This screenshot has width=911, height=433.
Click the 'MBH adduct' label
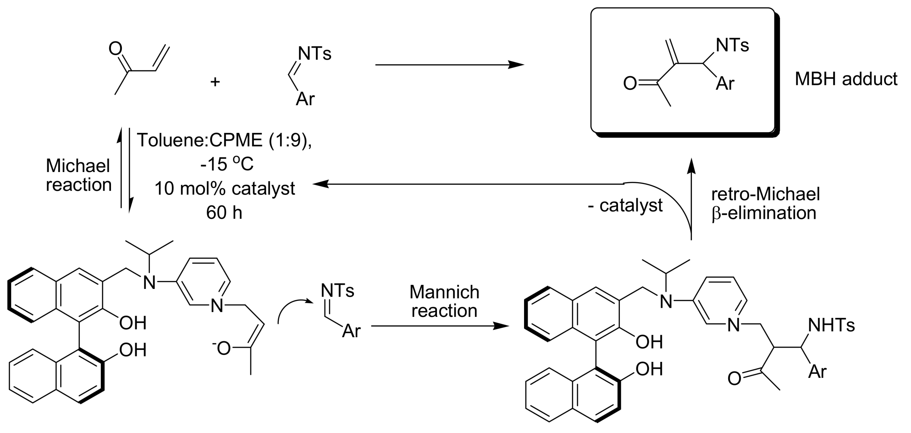[846, 79]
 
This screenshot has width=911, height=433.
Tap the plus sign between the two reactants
[215, 82]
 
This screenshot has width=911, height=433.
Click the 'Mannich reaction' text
[444, 301]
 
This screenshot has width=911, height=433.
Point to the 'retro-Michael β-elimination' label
[765, 204]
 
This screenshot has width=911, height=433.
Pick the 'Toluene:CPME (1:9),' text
[224, 140]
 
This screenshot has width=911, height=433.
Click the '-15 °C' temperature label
[227, 164]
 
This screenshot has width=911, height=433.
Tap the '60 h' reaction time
[224, 213]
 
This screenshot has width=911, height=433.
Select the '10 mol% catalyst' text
[225, 189]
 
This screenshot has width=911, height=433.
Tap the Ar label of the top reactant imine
[305, 99]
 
